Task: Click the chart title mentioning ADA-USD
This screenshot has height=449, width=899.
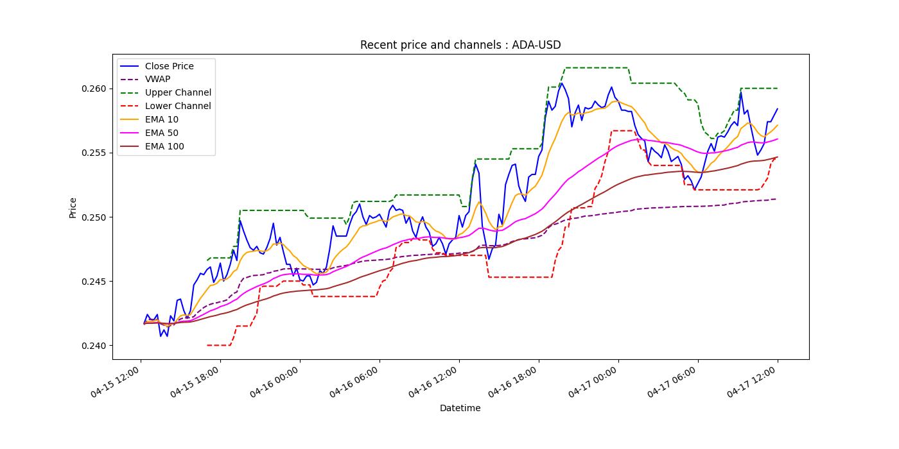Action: click(x=460, y=45)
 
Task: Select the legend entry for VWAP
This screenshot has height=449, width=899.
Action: click(x=157, y=80)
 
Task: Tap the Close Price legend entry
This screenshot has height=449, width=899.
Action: click(x=169, y=66)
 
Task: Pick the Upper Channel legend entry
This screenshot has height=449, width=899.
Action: click(x=178, y=93)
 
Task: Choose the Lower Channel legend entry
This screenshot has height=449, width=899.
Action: click(x=178, y=106)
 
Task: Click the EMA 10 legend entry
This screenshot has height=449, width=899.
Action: click(x=162, y=120)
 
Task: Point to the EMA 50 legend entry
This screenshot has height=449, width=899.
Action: click(x=162, y=133)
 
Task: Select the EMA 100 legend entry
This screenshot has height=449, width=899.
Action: click(x=164, y=147)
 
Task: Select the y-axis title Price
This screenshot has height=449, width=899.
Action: click(x=73, y=208)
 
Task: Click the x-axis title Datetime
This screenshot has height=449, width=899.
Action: click(x=460, y=408)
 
